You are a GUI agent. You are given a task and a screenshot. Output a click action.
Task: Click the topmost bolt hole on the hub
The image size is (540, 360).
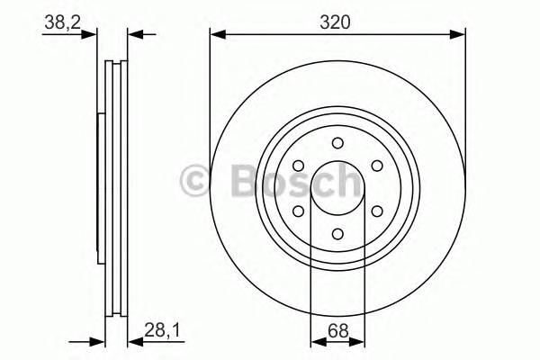coord(337,142)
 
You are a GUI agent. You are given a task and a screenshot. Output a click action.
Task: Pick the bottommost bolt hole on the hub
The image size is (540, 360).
coord(337,234)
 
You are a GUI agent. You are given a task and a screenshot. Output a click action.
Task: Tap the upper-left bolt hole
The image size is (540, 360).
coord(298,166)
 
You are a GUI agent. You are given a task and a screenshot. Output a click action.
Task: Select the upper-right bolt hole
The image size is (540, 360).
coord(377,166)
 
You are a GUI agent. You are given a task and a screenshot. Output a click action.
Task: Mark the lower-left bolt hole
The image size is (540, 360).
coord(298,211)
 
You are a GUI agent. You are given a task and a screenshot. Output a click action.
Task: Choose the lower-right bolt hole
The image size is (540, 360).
coord(377,211)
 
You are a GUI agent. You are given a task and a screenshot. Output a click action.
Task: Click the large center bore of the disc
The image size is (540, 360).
coord(337,188)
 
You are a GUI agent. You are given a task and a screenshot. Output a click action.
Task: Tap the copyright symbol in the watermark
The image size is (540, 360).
coord(196,181)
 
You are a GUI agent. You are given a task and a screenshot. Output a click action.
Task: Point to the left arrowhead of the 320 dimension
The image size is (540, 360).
coord(216,35)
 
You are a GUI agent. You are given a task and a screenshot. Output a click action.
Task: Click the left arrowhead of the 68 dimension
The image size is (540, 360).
coord(314,341)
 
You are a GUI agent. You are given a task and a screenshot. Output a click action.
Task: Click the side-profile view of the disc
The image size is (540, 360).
coord(114,189)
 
